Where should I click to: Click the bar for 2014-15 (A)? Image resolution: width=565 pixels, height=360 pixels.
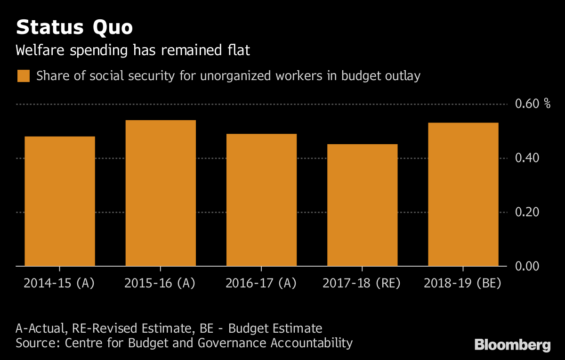60,201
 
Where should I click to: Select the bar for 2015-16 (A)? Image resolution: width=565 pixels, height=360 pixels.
161,193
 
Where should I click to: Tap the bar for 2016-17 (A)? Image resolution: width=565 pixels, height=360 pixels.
261,200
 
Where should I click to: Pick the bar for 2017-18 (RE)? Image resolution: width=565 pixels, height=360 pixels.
362,205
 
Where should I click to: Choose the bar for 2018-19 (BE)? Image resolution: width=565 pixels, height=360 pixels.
463,194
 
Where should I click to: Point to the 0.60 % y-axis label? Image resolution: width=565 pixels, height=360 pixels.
533,104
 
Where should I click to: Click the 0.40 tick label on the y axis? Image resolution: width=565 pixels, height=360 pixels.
526,158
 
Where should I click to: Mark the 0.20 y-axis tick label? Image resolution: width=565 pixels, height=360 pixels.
526,213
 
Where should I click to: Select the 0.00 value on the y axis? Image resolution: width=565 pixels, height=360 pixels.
526,267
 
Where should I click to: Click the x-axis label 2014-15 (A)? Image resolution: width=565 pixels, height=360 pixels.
59,283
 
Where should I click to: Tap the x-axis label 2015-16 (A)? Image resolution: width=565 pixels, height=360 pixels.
160,283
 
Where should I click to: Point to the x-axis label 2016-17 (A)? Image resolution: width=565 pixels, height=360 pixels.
261,283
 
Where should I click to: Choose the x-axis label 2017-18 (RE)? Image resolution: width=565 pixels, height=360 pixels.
362,283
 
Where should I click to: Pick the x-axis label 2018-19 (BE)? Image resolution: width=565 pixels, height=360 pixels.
462,283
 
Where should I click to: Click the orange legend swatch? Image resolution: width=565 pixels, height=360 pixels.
24,76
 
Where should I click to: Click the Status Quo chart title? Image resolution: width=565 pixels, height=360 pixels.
74,28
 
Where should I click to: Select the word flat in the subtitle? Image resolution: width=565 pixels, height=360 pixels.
238,50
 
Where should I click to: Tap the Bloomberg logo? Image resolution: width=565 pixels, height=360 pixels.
512,344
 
